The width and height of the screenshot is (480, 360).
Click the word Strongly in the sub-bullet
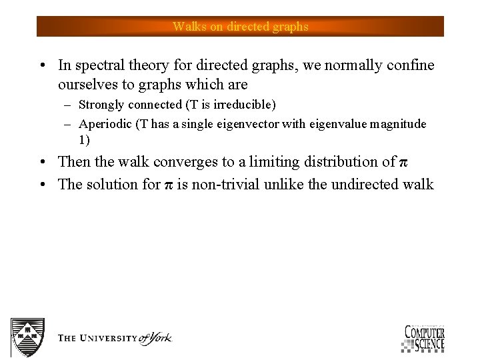[x=101, y=105]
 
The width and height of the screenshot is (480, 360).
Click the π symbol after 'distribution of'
[x=402, y=162]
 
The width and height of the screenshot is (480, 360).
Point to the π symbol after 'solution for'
[x=169, y=185]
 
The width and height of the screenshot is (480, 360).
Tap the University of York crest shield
[x=27, y=337]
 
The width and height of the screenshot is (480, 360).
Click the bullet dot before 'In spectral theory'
[x=42, y=66]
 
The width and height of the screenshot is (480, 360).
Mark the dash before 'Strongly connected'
[x=68, y=105]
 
